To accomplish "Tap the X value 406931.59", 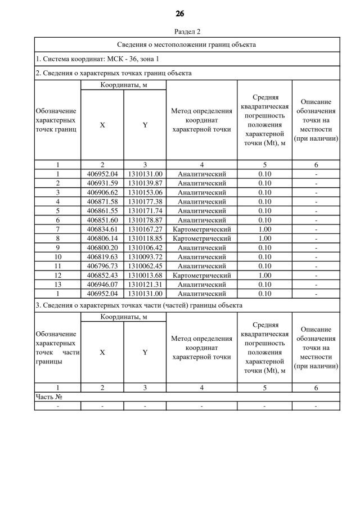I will tap(102, 183).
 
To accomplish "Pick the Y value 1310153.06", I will tap(145, 192).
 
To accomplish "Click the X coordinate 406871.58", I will tap(102, 201).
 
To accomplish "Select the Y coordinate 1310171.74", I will tap(145, 211).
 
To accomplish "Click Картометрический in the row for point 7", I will tap(201, 229).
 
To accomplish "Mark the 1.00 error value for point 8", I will tap(265, 238).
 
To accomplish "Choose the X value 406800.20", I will tap(102, 247).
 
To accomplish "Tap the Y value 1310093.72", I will tap(145, 256).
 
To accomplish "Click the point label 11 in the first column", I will tap(57, 266).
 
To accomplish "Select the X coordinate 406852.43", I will tap(102, 275).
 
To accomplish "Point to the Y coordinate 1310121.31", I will tap(145, 285).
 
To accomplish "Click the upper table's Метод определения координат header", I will tap(201, 120).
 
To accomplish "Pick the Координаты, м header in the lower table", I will tap(124, 317).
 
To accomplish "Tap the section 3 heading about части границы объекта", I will tap(139, 305).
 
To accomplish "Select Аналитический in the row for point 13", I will tap(201, 285).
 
